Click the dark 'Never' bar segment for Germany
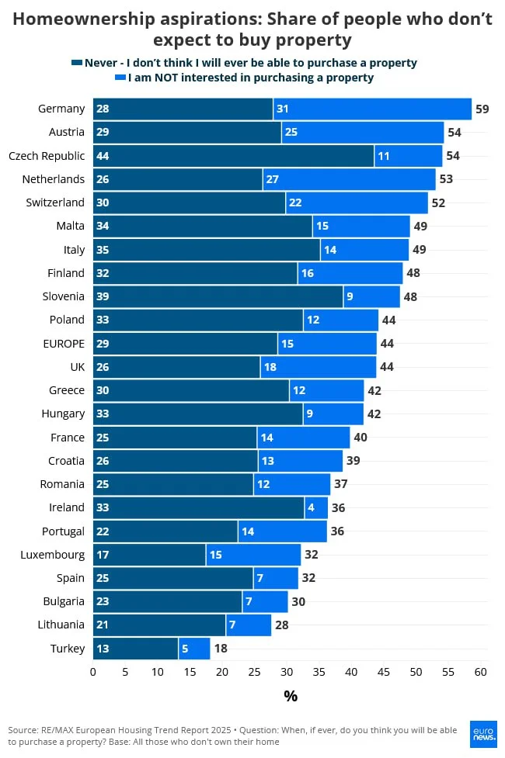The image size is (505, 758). click(183, 109)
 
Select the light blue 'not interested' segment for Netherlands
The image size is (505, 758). click(349, 179)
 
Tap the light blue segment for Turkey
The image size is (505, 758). click(194, 649)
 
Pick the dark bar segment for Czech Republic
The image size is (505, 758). click(233, 156)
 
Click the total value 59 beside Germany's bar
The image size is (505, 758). click(482, 109)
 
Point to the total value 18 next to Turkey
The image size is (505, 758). click(220, 649)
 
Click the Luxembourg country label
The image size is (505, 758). click(54, 555)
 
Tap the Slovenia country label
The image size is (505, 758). click(64, 296)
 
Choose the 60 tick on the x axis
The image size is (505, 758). click(480, 672)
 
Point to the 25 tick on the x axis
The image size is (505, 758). click(254, 672)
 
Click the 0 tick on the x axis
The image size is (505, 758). click(93, 672)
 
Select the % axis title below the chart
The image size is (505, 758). click(290, 696)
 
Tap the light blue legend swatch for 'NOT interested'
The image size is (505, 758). click(120, 78)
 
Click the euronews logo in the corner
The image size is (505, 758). click(483, 734)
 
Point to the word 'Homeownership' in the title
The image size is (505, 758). click(79, 19)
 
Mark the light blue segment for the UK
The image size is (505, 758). click(318, 367)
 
